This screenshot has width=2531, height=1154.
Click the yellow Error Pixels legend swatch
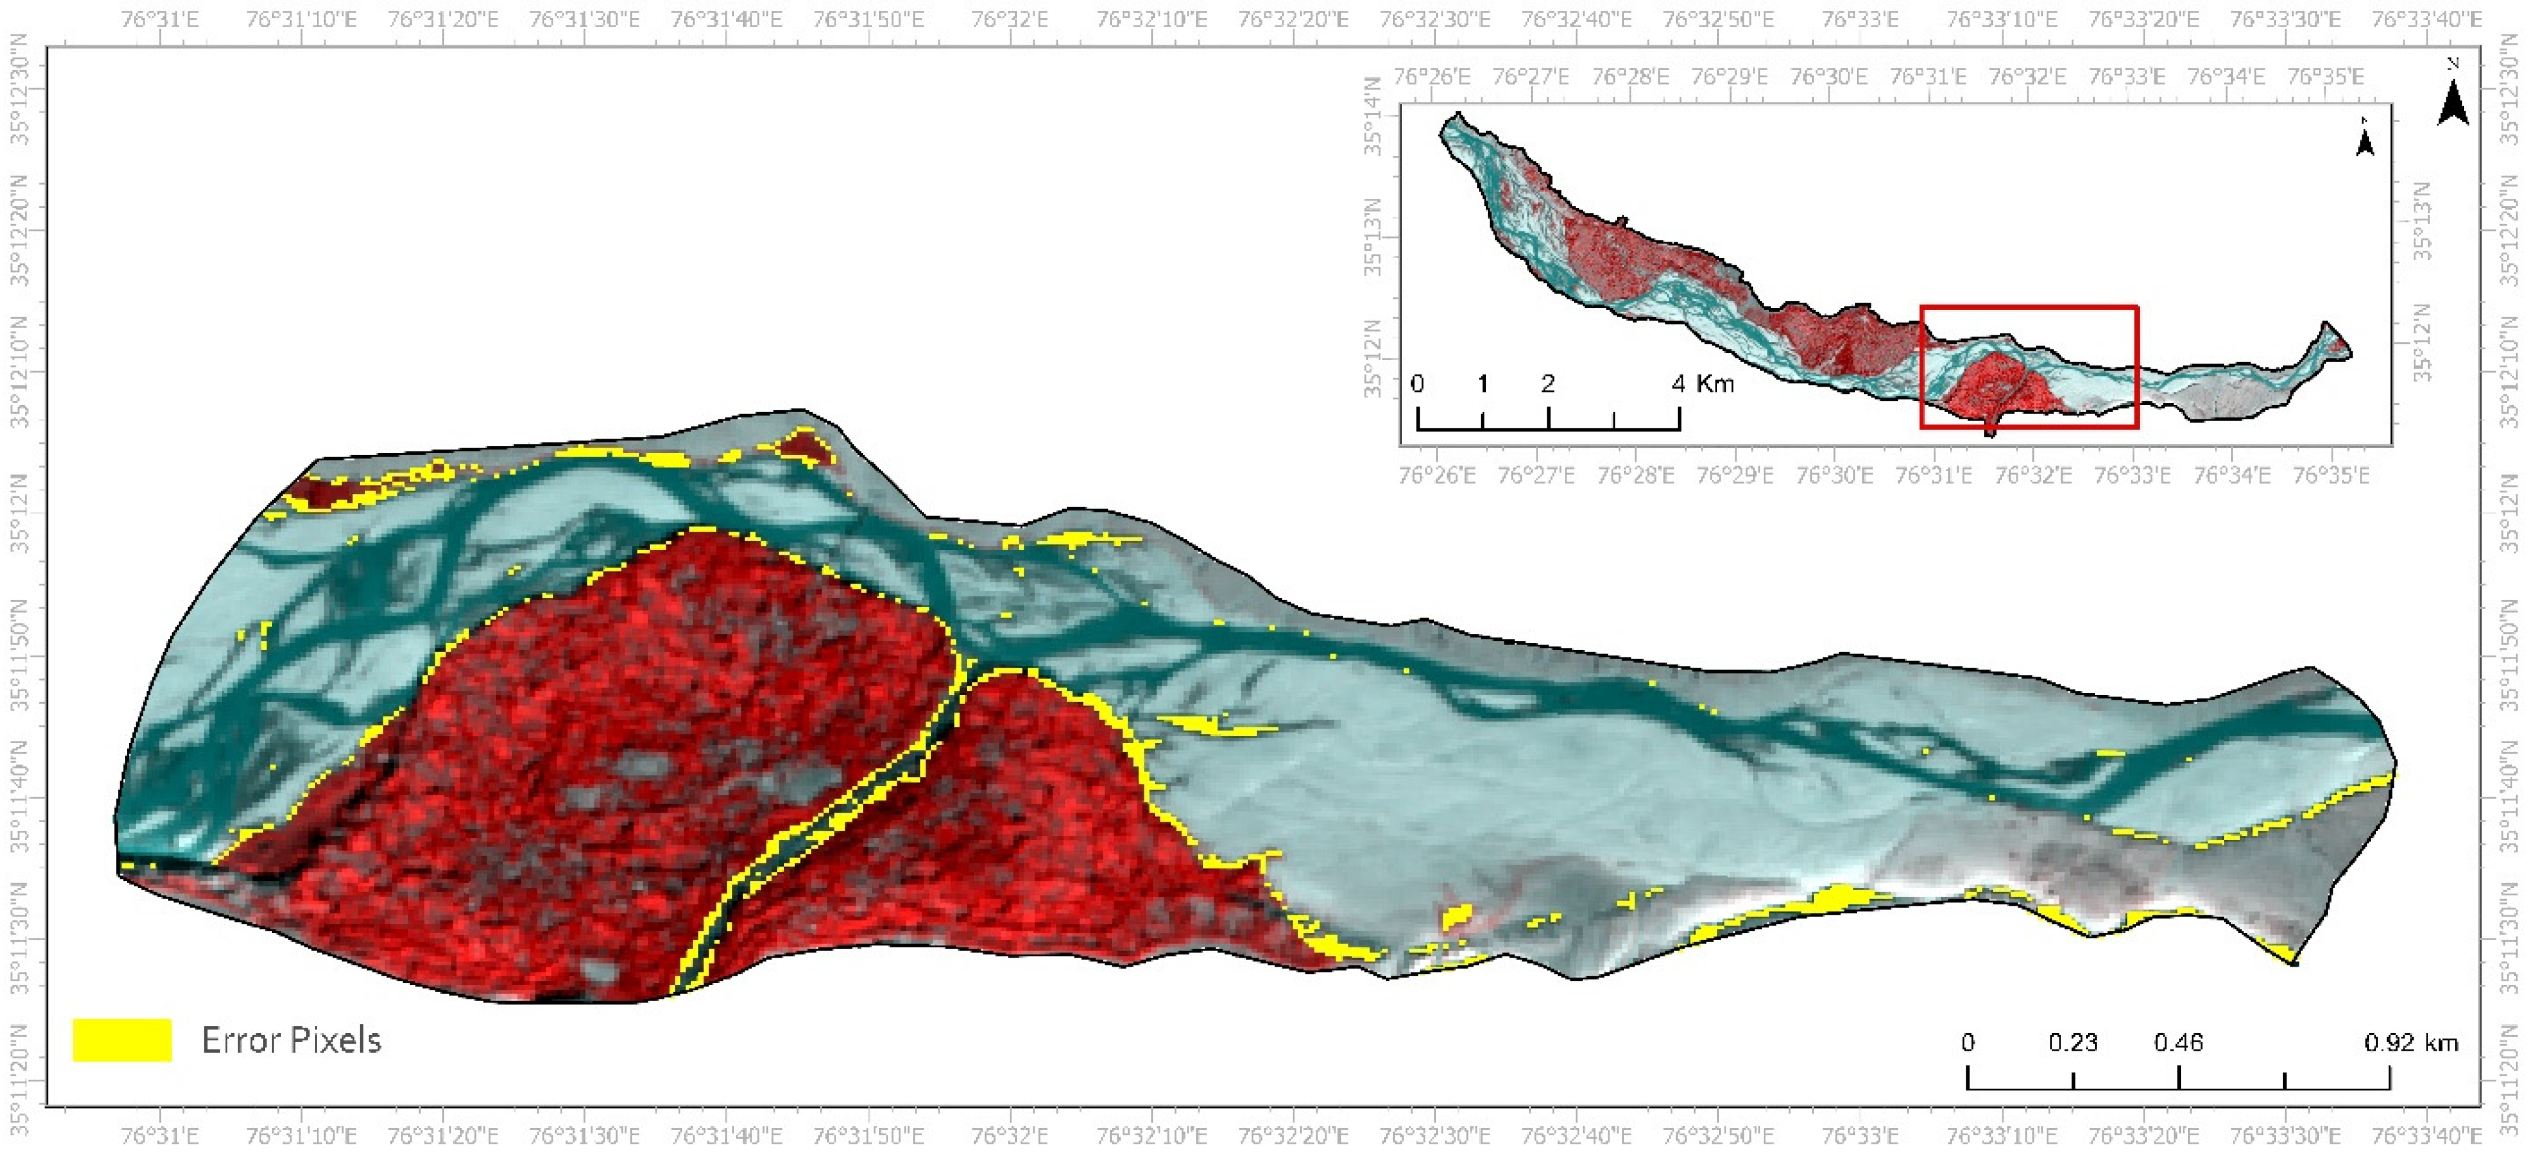pyautogui.click(x=122, y=1040)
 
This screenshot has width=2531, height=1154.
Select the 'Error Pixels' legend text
pyautogui.click(x=291, y=1040)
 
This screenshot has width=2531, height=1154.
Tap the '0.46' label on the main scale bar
pyautogui.click(x=2178, y=1042)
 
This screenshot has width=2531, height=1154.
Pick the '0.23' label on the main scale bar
pyautogui.click(x=2073, y=1042)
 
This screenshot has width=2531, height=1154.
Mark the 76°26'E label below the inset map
pyautogui.click(x=1437, y=476)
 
